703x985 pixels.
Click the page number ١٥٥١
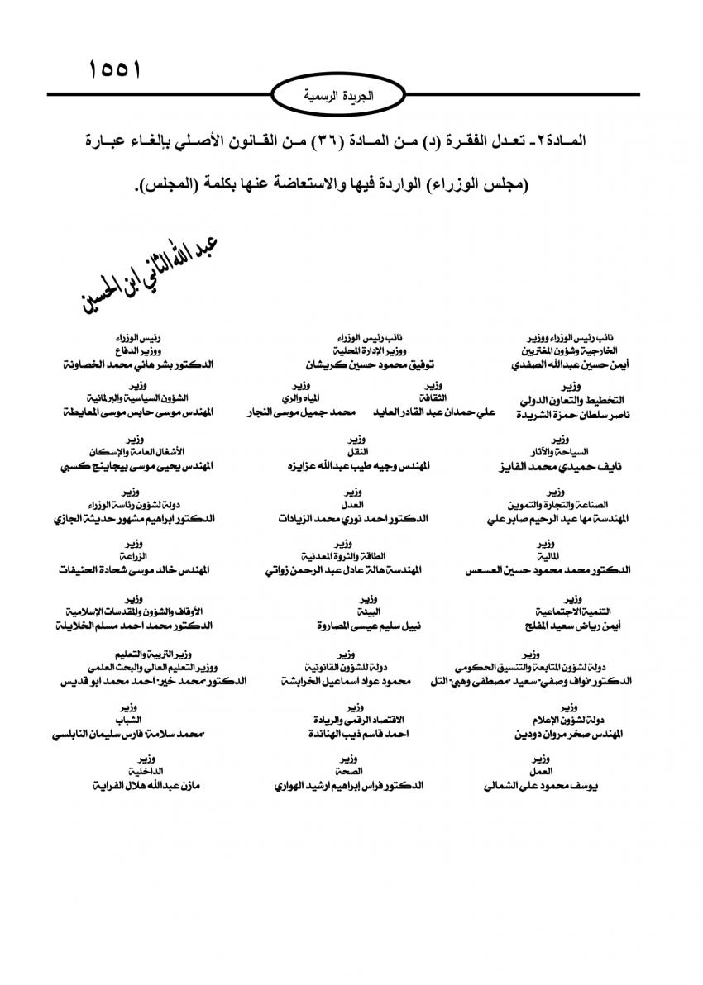(115, 69)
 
